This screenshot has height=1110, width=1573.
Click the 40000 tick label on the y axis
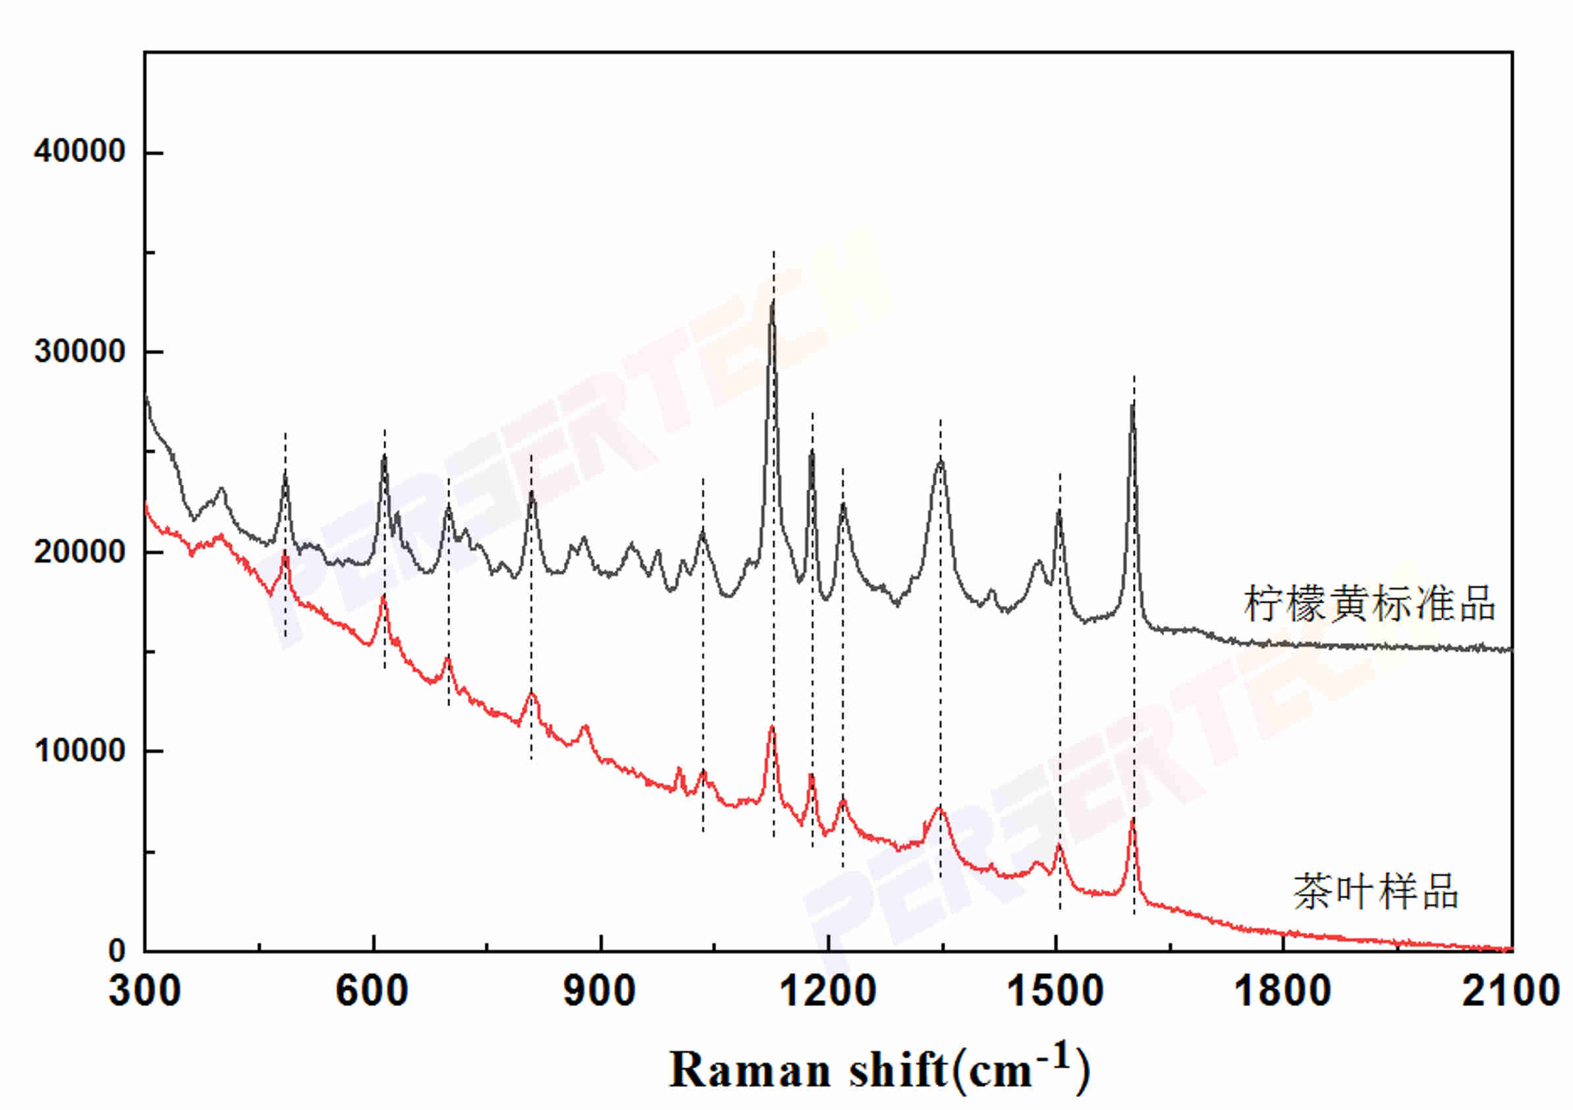(x=80, y=151)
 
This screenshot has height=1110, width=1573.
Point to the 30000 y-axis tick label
(x=80, y=352)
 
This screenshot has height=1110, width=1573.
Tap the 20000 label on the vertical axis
(x=80, y=551)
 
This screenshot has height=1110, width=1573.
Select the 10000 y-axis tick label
(x=80, y=751)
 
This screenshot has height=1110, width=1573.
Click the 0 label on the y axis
(x=117, y=951)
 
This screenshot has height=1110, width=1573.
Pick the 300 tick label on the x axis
(x=144, y=991)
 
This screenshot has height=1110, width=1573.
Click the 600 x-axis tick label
(x=372, y=991)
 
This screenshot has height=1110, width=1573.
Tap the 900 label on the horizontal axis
(x=599, y=991)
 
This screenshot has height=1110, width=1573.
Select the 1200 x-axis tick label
(x=827, y=991)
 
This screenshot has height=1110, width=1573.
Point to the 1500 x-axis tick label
(x=1056, y=991)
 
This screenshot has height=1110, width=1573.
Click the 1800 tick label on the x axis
(x=1283, y=991)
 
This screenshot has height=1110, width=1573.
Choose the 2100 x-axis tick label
(x=1510, y=991)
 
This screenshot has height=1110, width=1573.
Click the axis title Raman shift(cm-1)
(x=879, y=1070)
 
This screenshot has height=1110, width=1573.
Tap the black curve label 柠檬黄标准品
(x=1369, y=603)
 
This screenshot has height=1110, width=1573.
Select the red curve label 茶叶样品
(x=1375, y=893)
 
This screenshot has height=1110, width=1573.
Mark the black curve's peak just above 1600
(x=1133, y=406)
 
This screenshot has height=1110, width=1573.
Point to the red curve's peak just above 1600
(x=1133, y=820)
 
